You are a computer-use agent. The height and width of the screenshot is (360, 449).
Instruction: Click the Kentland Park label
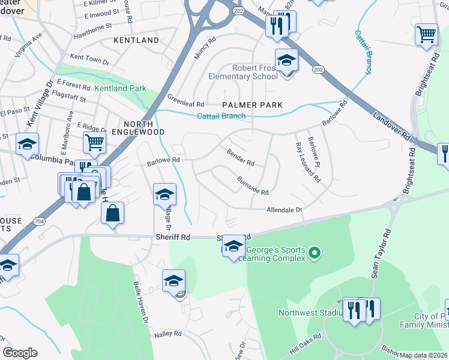(120, 88)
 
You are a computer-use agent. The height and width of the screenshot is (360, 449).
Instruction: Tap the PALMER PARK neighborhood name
(252, 105)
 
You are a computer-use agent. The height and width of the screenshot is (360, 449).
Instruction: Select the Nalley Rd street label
(167, 334)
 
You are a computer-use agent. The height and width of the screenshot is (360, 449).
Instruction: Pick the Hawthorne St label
(92, 26)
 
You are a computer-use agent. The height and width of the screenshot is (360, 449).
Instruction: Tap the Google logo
(20, 353)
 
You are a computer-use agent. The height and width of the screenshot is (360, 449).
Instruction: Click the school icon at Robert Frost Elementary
(287, 60)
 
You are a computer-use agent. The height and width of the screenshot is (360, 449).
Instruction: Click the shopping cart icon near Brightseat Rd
(426, 34)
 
